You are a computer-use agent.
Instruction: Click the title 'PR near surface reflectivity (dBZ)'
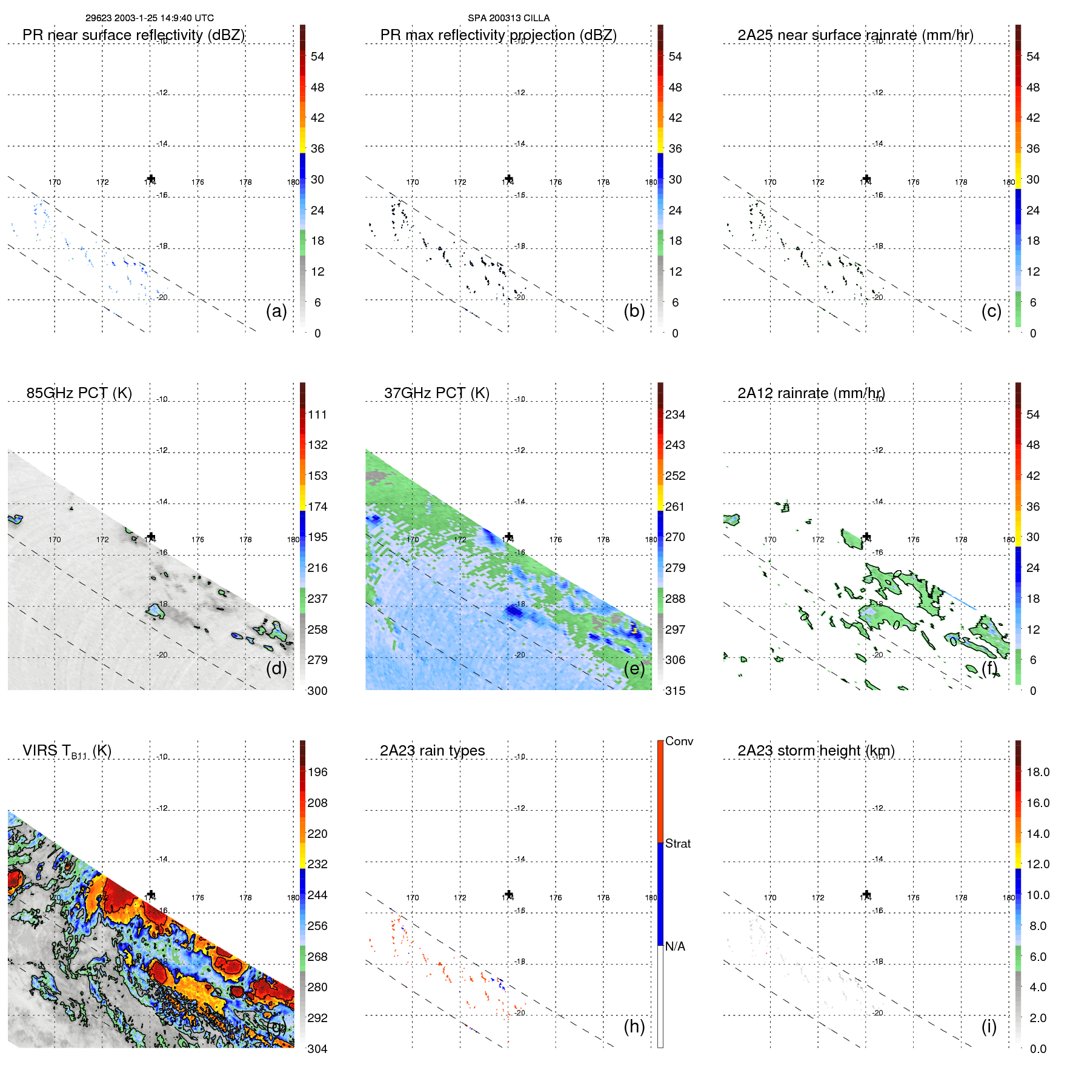coord(133,35)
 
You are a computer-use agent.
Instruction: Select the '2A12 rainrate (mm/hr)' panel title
coord(811,393)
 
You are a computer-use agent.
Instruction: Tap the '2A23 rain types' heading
coord(432,751)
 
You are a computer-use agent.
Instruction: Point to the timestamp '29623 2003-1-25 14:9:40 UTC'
coord(149,18)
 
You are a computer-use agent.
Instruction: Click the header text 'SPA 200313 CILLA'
coord(508,18)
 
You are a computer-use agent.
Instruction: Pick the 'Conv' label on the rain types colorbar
coord(679,741)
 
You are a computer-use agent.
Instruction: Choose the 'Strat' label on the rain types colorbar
coord(677,843)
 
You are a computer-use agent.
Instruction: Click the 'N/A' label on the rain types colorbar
coord(675,946)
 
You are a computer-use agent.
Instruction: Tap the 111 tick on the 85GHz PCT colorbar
coord(317,414)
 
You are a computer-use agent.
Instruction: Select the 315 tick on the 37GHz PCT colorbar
coord(675,691)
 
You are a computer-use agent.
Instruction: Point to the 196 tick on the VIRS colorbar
coord(317,772)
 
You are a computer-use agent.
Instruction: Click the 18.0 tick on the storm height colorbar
coord(1038,772)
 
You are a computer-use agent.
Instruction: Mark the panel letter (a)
coord(276,311)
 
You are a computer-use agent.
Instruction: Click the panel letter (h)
coord(634,1026)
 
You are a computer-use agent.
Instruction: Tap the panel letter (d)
coord(276,668)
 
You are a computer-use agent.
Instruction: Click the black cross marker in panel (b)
coord(509,179)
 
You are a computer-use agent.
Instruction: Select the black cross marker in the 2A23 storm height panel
coord(866,894)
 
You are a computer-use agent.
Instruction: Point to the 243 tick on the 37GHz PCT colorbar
coord(675,445)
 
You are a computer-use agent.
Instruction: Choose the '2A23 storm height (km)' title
coord(816,751)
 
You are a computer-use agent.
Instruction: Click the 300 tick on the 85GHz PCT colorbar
coord(317,691)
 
